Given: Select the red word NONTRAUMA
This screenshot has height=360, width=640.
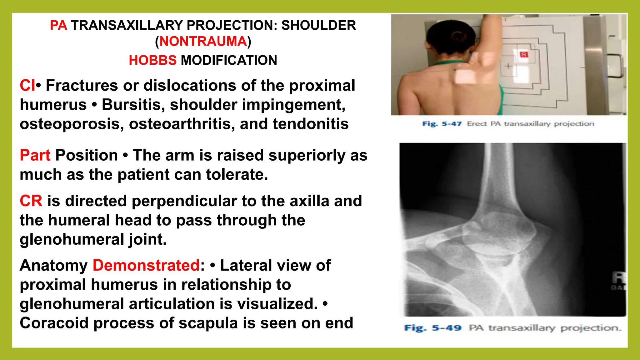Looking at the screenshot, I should [203, 42].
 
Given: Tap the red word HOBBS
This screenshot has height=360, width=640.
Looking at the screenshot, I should [152, 60].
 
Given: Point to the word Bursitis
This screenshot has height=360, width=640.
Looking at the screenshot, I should [133, 105].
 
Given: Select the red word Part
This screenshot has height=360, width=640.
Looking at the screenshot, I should [35, 155].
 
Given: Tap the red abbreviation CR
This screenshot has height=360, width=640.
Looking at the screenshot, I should [31, 201].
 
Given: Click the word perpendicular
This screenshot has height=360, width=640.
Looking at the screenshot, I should [184, 201].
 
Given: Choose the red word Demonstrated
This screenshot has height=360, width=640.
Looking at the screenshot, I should [146, 266].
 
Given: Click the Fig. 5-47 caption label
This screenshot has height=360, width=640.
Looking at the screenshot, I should [442, 124].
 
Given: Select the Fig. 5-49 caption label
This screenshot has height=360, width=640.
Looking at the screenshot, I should [432, 328].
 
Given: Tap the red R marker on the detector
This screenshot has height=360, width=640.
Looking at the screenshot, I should [524, 55].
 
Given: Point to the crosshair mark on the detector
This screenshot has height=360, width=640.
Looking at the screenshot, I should [508, 66].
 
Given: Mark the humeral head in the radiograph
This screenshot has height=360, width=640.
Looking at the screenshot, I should [500, 230].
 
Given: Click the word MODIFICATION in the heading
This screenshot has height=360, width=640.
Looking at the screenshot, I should [229, 60].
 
